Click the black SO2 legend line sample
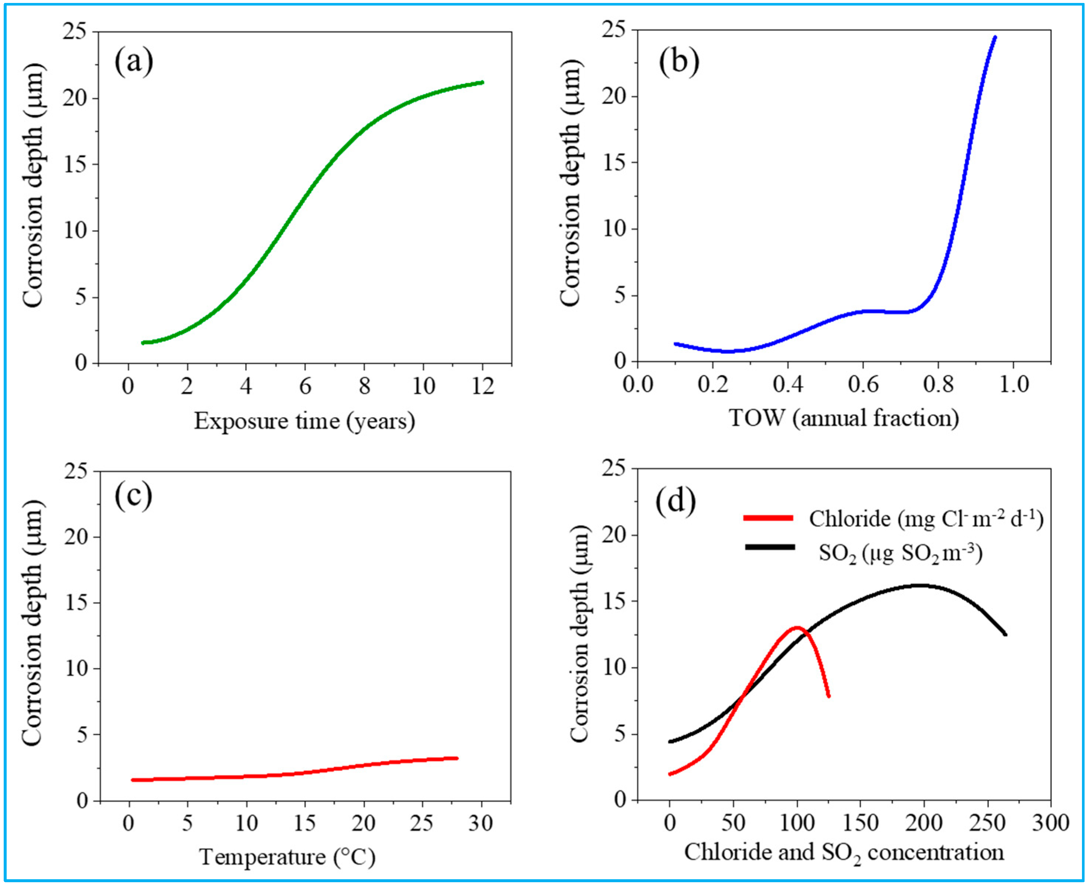point(770,547)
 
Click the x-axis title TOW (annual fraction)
point(844,418)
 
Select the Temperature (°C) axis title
point(287,857)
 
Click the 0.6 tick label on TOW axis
point(863,384)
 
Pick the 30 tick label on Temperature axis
point(481,823)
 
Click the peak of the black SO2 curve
point(920,586)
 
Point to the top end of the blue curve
point(994,37)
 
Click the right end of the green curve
point(481,82)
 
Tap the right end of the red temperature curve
point(457,758)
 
